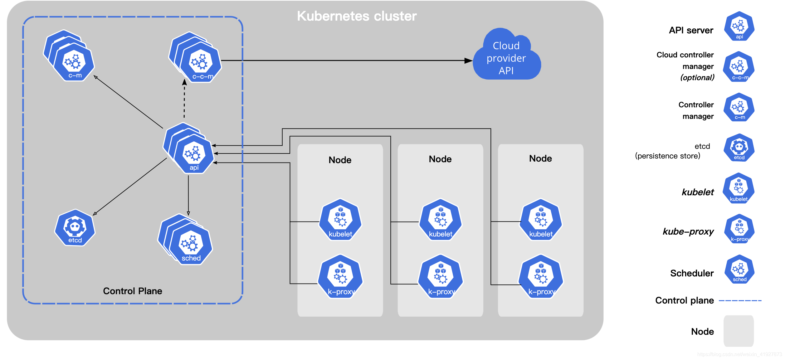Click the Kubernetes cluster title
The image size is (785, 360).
(357, 16)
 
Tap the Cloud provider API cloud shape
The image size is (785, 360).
(507, 55)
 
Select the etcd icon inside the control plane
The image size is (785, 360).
(75, 228)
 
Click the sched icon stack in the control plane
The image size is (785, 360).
(185, 239)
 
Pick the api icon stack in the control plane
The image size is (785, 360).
(188, 148)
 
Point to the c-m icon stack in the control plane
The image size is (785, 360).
(69, 56)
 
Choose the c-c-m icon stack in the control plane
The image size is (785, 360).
(195, 57)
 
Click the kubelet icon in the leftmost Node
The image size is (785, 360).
(340, 220)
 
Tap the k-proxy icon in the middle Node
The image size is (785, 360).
(441, 277)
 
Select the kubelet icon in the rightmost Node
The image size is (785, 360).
(541, 220)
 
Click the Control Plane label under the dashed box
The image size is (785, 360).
(133, 291)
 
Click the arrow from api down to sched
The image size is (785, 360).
(188, 195)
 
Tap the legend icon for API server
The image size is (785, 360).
(739, 26)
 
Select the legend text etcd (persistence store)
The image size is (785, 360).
(673, 151)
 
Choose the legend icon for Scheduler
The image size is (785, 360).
(739, 269)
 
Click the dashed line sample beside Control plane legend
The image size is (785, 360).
(740, 301)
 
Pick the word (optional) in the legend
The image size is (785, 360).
(697, 78)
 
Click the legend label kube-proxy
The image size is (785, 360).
(688, 231)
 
